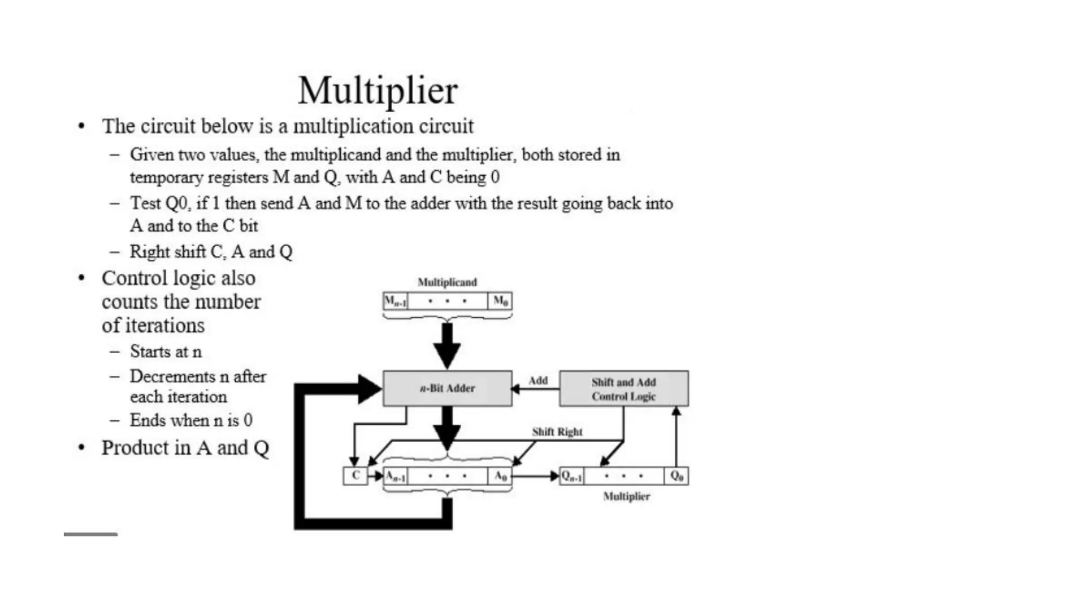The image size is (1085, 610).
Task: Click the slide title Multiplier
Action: tap(378, 90)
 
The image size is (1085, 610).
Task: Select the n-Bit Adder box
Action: tap(447, 389)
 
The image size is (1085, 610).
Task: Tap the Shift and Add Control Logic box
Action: tap(624, 389)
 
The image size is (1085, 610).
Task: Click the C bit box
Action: tap(355, 476)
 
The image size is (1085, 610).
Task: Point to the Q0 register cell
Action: tap(677, 476)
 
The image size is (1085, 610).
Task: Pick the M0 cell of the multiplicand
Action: tap(500, 301)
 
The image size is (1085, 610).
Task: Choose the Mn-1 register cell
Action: tap(395, 301)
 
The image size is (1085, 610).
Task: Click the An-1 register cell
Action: tap(395, 476)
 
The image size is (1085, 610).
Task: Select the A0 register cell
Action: tap(500, 476)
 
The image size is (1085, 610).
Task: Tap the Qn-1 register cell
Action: tap(572, 476)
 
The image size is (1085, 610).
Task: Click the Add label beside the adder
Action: tap(538, 380)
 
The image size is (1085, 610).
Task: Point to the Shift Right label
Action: tap(557, 432)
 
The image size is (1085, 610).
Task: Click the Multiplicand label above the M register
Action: tap(447, 282)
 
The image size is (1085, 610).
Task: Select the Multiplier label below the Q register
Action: tap(626, 496)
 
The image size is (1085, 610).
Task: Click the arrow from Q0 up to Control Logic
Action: tap(676, 437)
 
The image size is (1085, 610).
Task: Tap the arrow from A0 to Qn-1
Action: tap(535, 476)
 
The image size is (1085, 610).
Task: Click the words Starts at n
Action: tap(166, 352)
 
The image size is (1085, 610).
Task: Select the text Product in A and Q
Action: tap(185, 448)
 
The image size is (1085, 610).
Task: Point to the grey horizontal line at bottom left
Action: tap(91, 534)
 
